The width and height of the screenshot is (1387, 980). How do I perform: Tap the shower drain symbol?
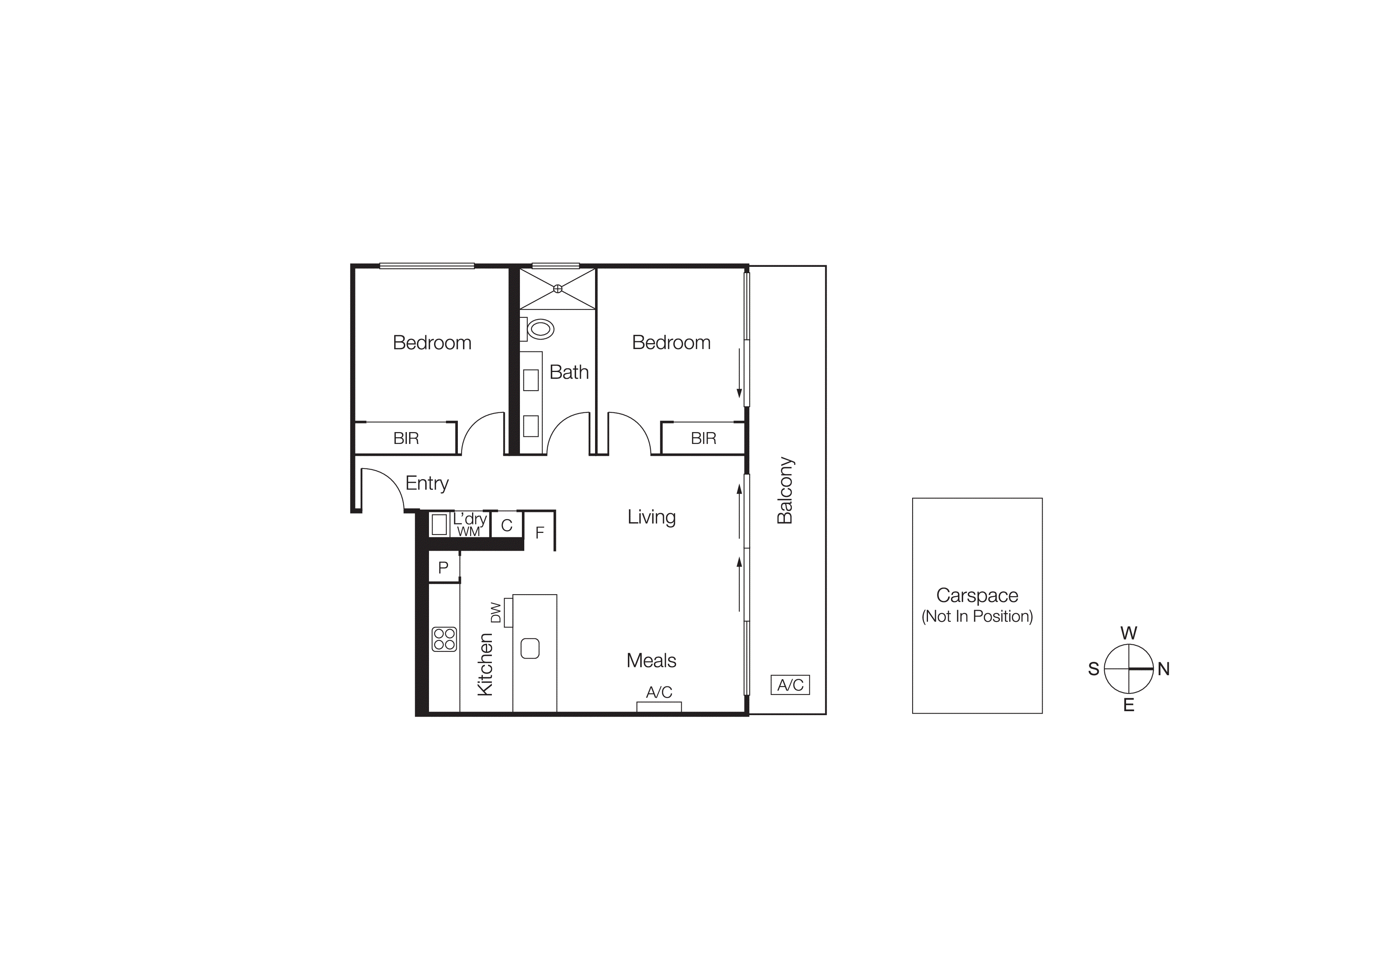click(x=557, y=289)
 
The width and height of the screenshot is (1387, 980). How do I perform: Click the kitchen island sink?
click(x=530, y=648)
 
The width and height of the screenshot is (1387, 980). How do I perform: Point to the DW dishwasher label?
click(x=496, y=612)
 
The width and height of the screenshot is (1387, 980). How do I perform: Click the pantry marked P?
click(x=443, y=568)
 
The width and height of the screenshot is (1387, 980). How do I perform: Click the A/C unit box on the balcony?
click(x=790, y=685)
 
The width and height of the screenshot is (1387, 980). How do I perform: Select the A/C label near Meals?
click(x=659, y=692)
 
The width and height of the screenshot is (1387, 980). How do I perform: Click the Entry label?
click(x=427, y=483)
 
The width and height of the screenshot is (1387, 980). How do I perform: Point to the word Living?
click(x=651, y=517)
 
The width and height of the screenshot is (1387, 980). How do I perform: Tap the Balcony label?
click(x=785, y=490)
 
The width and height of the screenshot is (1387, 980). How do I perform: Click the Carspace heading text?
click(x=977, y=595)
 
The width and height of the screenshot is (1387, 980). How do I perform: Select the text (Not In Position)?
click(x=977, y=616)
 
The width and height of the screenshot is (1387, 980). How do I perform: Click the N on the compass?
click(x=1164, y=669)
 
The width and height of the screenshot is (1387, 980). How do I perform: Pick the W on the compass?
click(x=1128, y=633)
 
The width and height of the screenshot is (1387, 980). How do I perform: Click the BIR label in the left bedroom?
click(x=406, y=438)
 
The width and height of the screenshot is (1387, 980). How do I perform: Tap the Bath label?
click(x=569, y=372)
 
